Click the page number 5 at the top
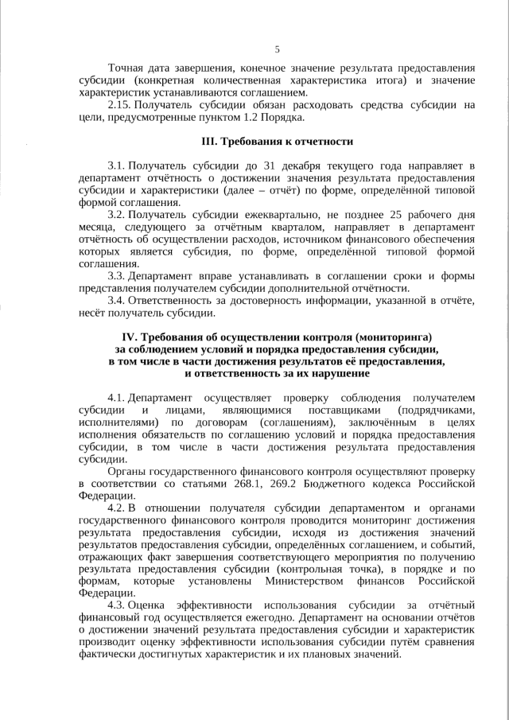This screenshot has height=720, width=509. [x=277, y=49]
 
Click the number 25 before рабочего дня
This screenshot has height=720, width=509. [x=401, y=215]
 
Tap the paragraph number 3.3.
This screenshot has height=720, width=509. [x=116, y=275]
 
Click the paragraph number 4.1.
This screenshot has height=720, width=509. [x=116, y=397]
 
